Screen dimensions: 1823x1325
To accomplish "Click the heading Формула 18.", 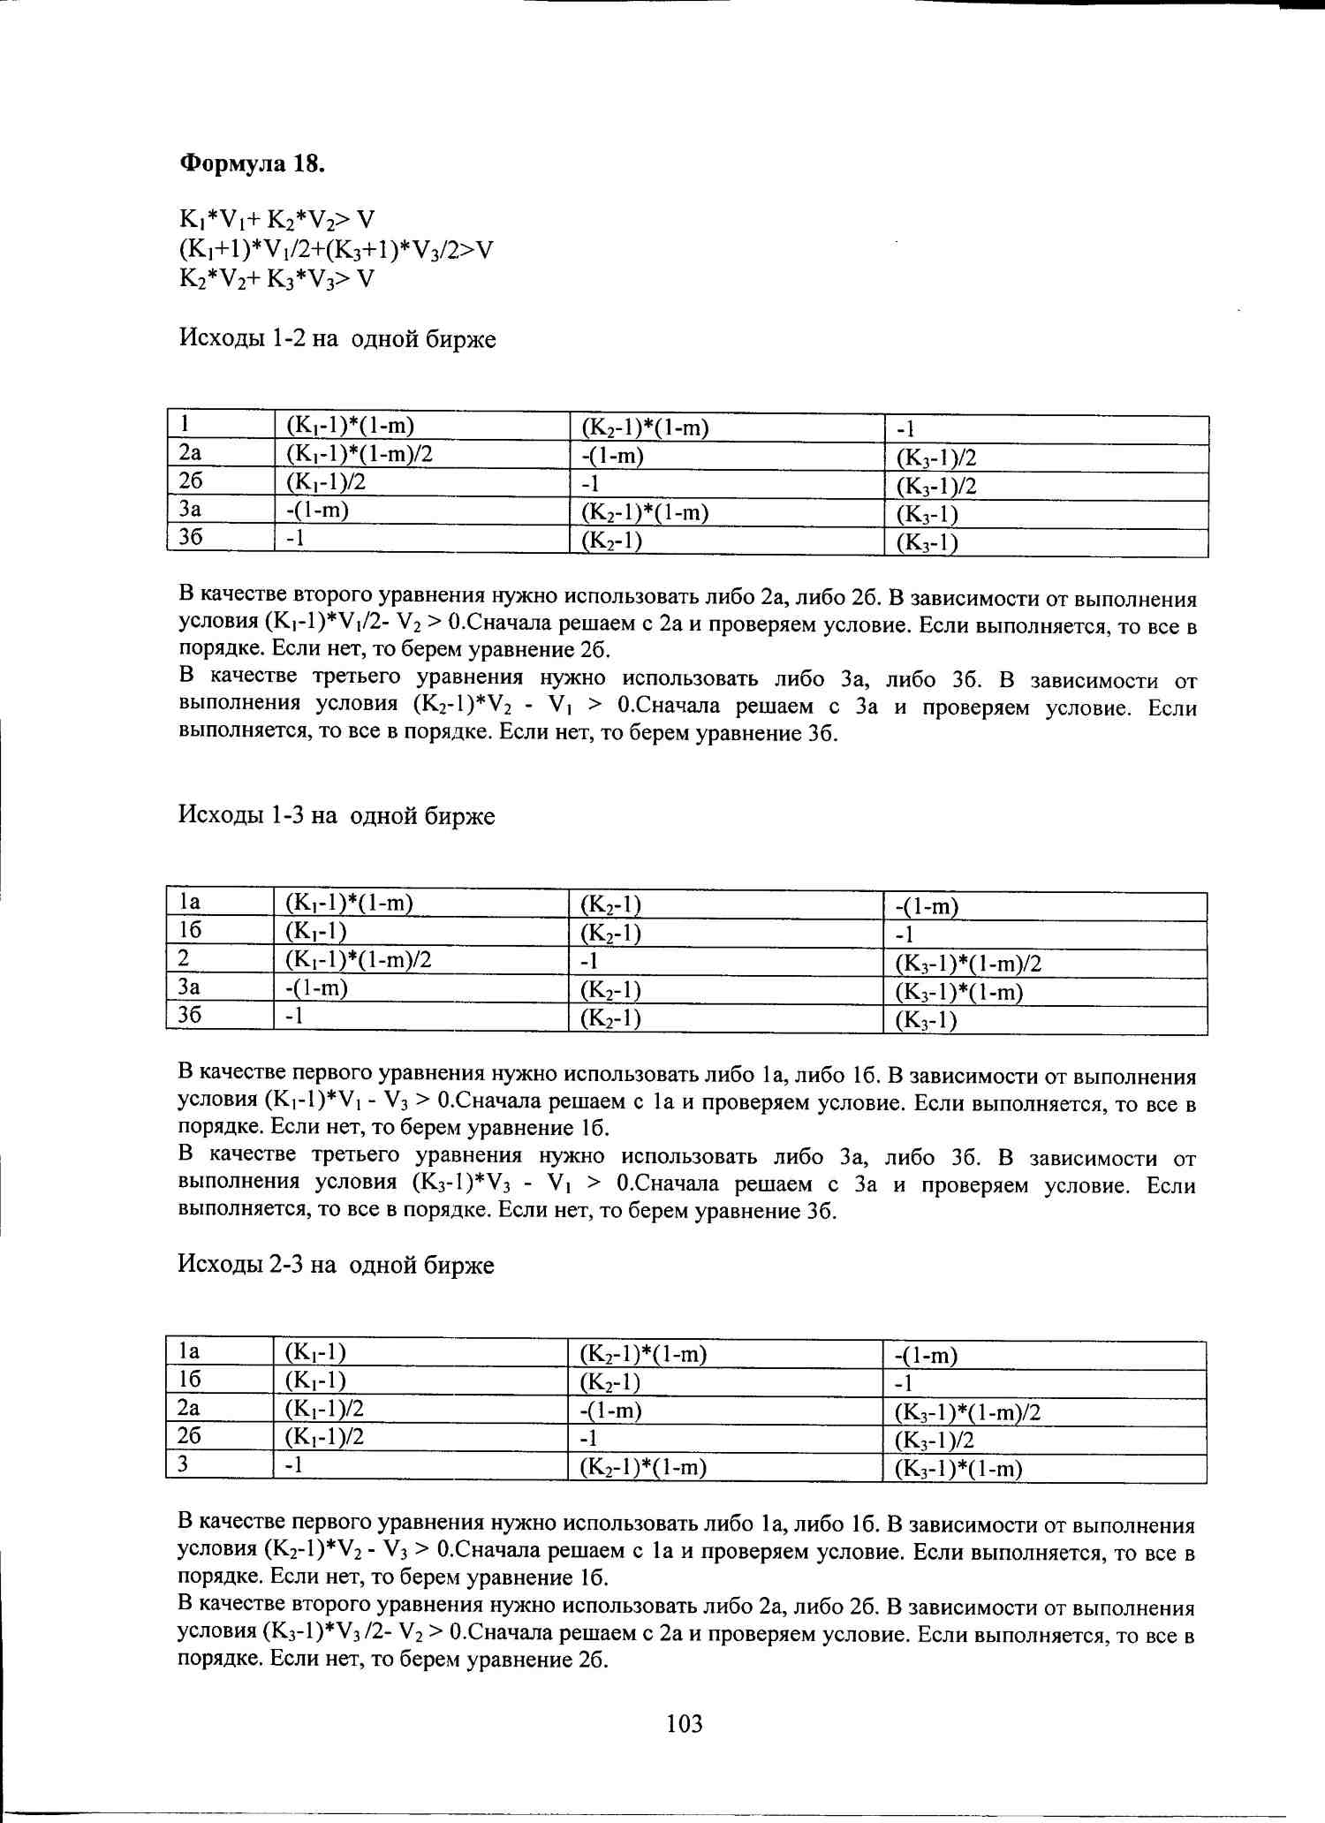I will (x=253, y=163).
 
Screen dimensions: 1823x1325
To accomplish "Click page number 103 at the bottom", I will (x=685, y=1722).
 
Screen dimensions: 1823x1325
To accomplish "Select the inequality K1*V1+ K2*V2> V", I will (x=277, y=220).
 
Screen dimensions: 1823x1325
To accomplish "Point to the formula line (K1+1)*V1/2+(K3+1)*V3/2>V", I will (x=336, y=250).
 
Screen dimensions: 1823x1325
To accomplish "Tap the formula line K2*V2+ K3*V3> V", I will (x=277, y=279).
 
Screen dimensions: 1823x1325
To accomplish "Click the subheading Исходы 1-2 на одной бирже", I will (x=337, y=338).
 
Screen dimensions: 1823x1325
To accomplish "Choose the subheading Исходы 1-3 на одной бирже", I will (x=337, y=814).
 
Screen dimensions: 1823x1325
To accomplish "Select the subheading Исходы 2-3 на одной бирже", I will (x=336, y=1264).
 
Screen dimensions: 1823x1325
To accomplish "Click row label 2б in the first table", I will (x=191, y=481).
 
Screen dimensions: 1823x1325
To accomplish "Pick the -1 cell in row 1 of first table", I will (x=905, y=429).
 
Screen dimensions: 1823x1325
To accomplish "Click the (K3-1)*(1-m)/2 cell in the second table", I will (x=968, y=963).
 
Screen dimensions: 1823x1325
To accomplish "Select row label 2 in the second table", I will (x=184, y=958).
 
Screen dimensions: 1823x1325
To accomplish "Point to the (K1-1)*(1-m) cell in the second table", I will (x=349, y=903).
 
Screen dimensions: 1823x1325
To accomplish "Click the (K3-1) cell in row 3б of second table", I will (x=926, y=1020).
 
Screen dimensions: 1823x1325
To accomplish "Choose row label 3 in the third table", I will (x=183, y=1464).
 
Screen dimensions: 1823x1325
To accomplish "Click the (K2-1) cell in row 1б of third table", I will (x=609, y=1382).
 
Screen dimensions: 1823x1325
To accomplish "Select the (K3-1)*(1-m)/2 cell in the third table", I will (x=967, y=1412).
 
